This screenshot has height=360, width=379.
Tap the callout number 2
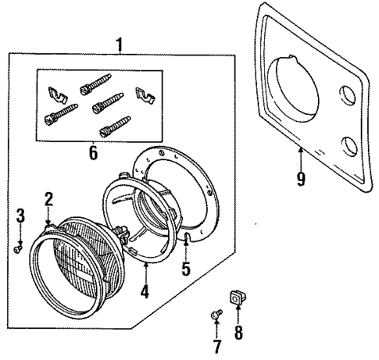48,199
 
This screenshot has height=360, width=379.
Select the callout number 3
21,214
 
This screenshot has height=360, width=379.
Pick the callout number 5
185,269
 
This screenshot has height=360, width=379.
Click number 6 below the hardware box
93,151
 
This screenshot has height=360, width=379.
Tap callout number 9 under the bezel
300,177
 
